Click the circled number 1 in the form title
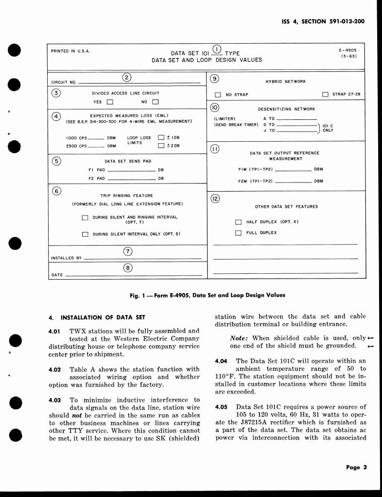217,49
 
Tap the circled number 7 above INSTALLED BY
127,251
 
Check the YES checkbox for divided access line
110,102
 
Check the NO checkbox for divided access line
156,102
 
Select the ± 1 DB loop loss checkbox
161,138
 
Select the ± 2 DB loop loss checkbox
161,146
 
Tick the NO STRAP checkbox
218,95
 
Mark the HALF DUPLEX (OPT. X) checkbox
238,222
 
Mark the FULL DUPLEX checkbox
238,233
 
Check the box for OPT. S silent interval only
85,234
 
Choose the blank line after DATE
134,276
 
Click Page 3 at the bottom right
360,468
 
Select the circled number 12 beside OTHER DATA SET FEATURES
215,199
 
